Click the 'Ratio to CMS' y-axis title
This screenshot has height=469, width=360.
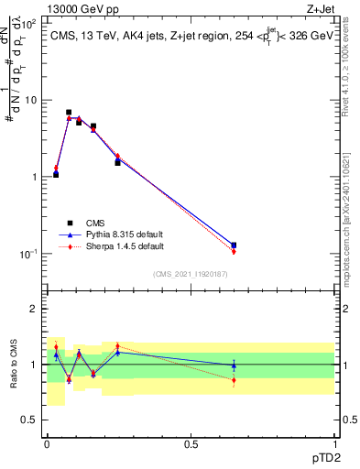pyautogui.click(x=13, y=365)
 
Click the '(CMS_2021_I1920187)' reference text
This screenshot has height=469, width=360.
pyautogui.click(x=191, y=273)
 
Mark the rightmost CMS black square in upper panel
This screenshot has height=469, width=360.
pyautogui.click(x=234, y=245)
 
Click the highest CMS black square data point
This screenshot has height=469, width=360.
pyautogui.click(x=69, y=112)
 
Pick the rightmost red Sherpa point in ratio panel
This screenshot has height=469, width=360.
pyautogui.click(x=234, y=380)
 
